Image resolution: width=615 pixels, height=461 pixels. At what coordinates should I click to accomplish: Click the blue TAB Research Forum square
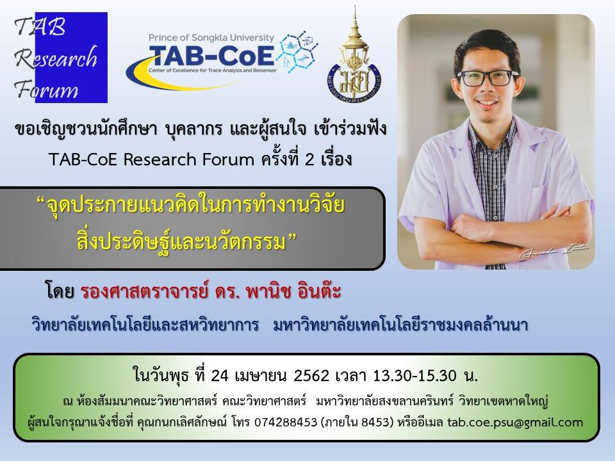click(x=71, y=58)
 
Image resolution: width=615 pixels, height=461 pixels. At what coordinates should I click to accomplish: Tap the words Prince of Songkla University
click(x=211, y=38)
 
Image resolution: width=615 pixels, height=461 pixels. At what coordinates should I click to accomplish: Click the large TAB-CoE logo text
click(x=211, y=56)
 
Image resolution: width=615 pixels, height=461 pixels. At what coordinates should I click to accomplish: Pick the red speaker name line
click(x=211, y=291)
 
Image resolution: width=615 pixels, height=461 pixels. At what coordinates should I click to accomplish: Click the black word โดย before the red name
click(x=60, y=291)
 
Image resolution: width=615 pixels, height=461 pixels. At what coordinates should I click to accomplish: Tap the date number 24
click(x=219, y=376)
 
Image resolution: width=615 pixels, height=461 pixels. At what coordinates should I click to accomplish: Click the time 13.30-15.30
click(x=414, y=376)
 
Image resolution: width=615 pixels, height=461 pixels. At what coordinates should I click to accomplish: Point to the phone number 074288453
click(x=286, y=422)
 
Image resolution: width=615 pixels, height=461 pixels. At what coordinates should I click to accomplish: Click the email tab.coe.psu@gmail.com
click(x=515, y=422)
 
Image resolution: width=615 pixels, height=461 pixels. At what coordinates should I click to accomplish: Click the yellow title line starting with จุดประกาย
click(x=195, y=206)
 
